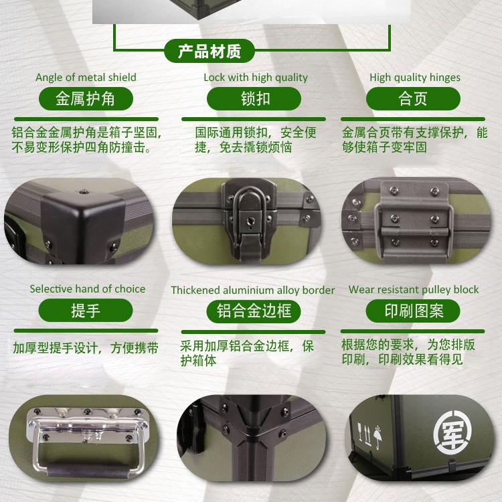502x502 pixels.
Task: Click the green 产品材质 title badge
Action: click(x=209, y=51)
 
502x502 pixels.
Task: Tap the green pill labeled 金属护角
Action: click(x=86, y=98)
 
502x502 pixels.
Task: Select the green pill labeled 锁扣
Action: click(x=254, y=98)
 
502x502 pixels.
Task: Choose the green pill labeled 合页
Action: click(x=413, y=98)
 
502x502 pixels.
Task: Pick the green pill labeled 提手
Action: click(x=86, y=310)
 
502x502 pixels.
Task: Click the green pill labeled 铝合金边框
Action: click(x=254, y=311)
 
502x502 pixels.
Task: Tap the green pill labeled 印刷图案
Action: click(x=413, y=311)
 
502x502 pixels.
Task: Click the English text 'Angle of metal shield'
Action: click(x=86, y=77)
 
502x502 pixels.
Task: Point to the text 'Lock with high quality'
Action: click(x=256, y=78)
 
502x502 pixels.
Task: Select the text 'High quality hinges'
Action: click(x=415, y=78)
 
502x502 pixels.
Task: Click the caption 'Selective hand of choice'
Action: click(x=88, y=288)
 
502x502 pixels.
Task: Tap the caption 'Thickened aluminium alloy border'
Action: click(x=253, y=290)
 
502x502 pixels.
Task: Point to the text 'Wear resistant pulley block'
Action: click(x=414, y=289)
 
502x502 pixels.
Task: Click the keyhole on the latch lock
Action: click(x=250, y=222)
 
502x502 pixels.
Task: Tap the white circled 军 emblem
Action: click(x=452, y=433)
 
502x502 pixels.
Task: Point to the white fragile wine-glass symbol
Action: click(x=360, y=432)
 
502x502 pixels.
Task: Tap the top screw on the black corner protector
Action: click(x=84, y=192)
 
